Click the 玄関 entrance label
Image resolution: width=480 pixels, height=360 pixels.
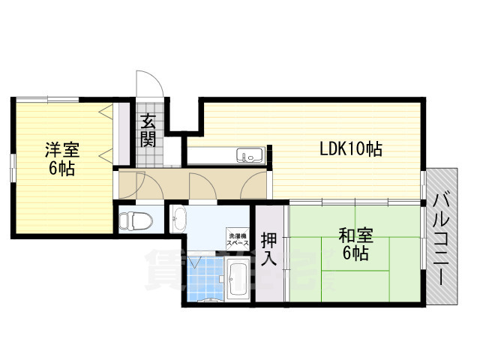148,128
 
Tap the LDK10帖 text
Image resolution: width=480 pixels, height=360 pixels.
352,149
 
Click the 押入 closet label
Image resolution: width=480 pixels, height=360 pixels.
269,250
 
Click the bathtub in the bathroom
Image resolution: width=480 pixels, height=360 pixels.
238,282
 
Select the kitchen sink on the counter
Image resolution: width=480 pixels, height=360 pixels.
248,156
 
